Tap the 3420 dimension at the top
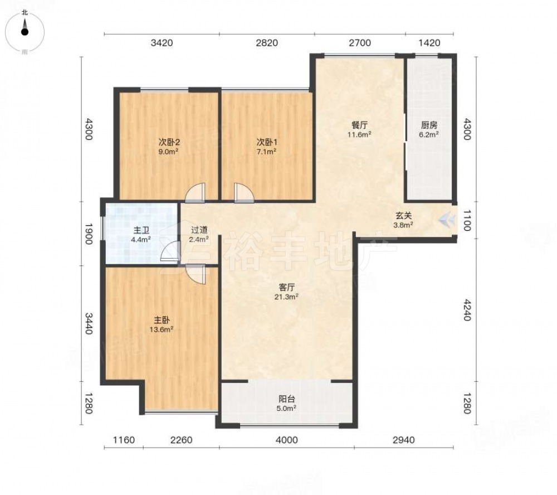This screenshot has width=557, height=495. pyautogui.click(x=162, y=43)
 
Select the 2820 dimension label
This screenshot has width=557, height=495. pyautogui.click(x=267, y=43)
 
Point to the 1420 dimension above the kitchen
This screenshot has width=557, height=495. pyautogui.click(x=429, y=43)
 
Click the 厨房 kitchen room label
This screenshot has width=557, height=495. pyautogui.click(x=429, y=125)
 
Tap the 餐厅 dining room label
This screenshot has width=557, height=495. pyautogui.click(x=359, y=125)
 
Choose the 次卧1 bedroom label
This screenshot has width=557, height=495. pyautogui.click(x=266, y=142)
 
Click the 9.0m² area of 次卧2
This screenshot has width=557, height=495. pyautogui.click(x=168, y=152)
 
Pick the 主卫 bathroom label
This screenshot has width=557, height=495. pyautogui.click(x=141, y=230)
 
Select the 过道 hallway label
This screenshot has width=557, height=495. pyautogui.click(x=199, y=230)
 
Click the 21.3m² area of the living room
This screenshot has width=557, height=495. pyautogui.click(x=286, y=297)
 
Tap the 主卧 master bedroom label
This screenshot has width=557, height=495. pyautogui.click(x=162, y=320)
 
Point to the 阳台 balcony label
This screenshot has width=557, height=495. pyautogui.click(x=286, y=399)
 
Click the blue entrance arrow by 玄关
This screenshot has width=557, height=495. pyautogui.click(x=447, y=220)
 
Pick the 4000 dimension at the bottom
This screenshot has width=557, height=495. pyautogui.click(x=287, y=440)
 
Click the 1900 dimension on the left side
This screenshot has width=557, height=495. pyautogui.click(x=88, y=234)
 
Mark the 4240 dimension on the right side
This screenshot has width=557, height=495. pyautogui.click(x=467, y=310)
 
